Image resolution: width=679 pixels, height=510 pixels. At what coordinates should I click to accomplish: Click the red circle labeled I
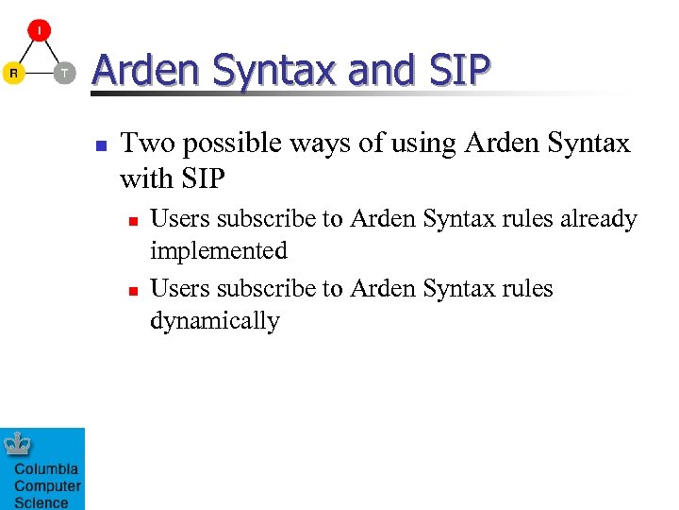point(39,30)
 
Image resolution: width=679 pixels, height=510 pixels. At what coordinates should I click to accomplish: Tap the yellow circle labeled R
point(12,74)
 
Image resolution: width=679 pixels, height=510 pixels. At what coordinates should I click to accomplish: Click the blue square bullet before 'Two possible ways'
point(100,146)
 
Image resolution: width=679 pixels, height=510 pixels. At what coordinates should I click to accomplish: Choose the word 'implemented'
point(218,251)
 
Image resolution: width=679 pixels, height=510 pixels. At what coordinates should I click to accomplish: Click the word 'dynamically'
point(214,321)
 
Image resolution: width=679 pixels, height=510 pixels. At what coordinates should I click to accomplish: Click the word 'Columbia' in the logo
point(46,469)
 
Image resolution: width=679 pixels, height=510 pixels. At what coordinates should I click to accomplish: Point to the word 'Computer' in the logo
point(47,486)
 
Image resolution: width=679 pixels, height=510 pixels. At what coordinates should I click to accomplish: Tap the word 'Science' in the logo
point(41,502)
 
